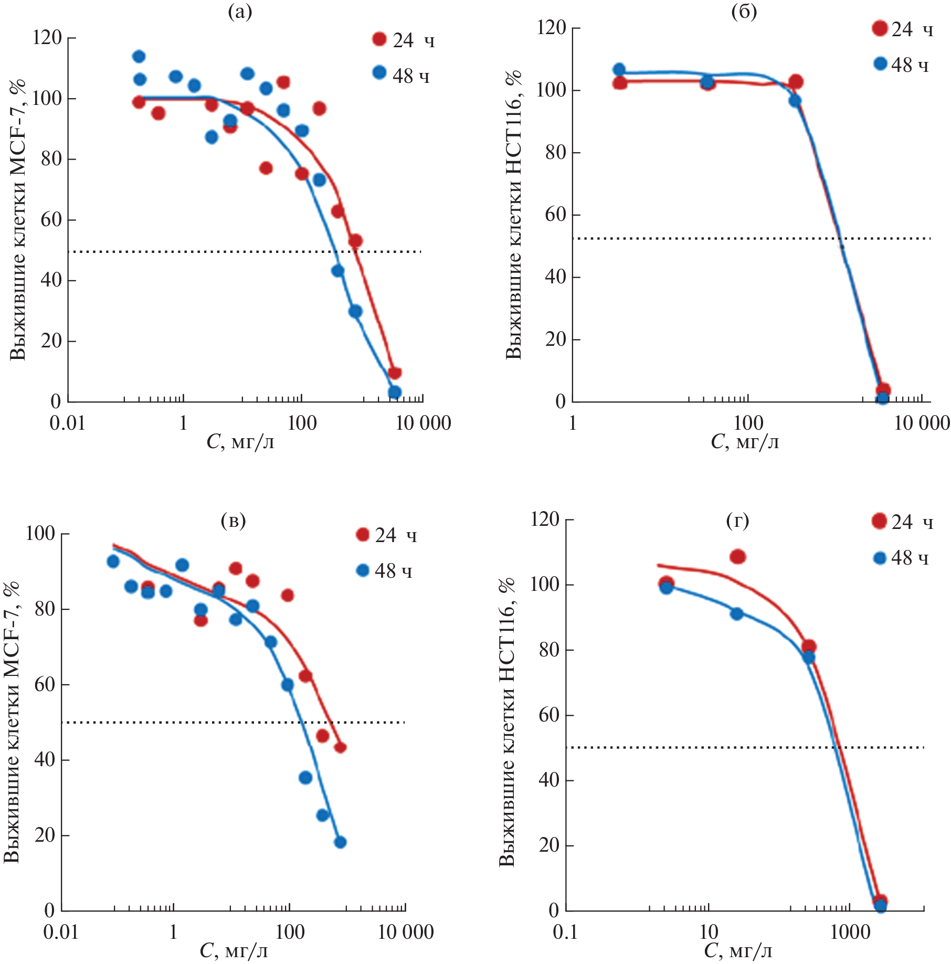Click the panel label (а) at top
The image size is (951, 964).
click(x=240, y=12)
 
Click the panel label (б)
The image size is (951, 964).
click(x=744, y=12)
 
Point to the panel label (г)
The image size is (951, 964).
click(x=737, y=521)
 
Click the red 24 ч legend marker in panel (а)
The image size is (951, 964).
click(x=379, y=39)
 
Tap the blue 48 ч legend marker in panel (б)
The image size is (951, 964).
click(x=880, y=64)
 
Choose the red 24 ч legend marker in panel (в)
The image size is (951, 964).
click(x=362, y=535)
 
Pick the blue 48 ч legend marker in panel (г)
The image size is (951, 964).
click(x=880, y=558)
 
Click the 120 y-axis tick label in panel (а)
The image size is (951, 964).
click(x=47, y=38)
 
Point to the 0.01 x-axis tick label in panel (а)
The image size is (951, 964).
click(x=67, y=423)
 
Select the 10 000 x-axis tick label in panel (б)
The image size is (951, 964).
click(x=922, y=423)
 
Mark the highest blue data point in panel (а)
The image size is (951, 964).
click(x=139, y=56)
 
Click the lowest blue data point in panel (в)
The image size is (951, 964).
click(x=340, y=842)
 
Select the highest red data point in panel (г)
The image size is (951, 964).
click(x=737, y=557)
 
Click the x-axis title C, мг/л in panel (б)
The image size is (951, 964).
click(x=744, y=442)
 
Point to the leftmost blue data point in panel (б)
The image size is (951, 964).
click(x=619, y=69)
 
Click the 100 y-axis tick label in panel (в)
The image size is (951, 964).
click(x=40, y=534)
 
